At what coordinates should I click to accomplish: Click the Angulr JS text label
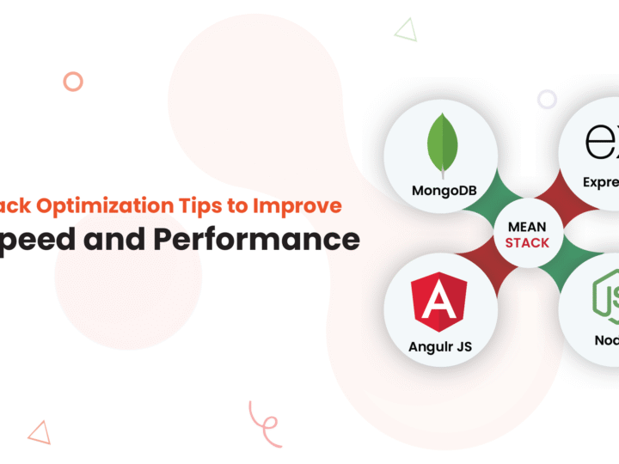tap(441, 347)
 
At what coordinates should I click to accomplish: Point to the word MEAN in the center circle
tap(527, 228)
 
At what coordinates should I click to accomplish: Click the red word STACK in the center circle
tap(527, 243)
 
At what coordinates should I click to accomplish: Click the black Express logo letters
tap(602, 143)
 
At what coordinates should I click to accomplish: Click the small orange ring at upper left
tap(73, 82)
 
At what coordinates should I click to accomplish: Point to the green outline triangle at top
tap(405, 31)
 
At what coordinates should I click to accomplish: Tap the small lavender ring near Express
tap(547, 99)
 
